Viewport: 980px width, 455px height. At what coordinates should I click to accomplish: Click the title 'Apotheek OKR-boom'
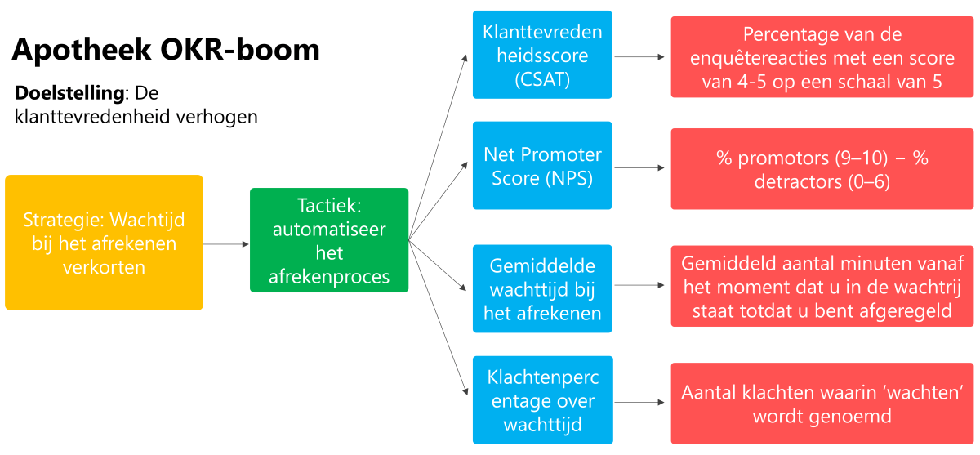coord(166,50)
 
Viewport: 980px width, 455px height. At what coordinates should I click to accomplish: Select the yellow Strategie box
coord(104,243)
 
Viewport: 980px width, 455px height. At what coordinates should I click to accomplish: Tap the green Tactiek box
coord(328,240)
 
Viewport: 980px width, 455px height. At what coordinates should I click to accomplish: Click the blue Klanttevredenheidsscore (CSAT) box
coord(542,55)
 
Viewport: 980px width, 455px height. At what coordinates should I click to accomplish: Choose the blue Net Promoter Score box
coord(542,166)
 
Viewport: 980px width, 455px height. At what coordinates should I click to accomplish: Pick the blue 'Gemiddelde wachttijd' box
coord(542,290)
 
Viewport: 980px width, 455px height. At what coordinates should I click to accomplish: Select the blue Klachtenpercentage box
coord(542,401)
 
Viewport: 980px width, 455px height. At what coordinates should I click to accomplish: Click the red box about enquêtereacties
coord(822,59)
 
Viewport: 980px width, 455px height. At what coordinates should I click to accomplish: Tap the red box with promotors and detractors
coord(822,169)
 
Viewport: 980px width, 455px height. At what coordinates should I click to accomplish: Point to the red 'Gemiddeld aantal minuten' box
coord(822,286)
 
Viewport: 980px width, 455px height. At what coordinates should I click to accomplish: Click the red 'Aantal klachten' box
coord(822,404)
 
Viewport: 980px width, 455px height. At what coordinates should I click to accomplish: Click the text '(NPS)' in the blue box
coord(569,178)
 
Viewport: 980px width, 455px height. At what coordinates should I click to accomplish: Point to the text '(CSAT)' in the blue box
coord(542,79)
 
